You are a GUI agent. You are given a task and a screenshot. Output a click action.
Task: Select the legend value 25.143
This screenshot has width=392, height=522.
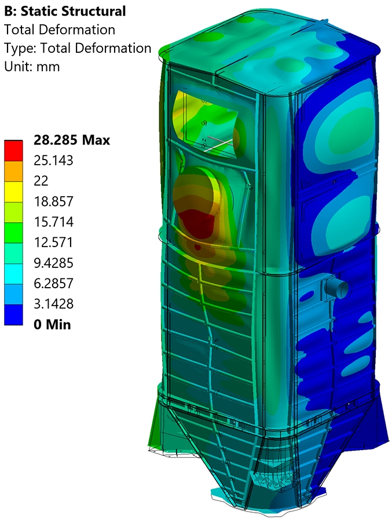click(x=53, y=161)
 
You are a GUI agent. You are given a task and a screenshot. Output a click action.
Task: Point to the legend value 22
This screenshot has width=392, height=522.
click(x=41, y=181)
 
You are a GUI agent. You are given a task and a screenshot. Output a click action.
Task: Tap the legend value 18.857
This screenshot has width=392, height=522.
click(x=53, y=201)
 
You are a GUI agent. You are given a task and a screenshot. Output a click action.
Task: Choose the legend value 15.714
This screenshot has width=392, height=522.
click(x=53, y=222)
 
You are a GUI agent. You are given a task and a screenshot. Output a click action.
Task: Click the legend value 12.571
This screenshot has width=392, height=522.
click(x=53, y=242)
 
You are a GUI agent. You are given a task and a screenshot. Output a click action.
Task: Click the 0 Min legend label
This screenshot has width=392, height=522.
click(x=52, y=325)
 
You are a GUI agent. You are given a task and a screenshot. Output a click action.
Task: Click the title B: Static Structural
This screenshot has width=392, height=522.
click(x=65, y=11)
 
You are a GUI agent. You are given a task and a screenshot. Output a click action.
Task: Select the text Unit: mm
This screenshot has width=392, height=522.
click(x=32, y=66)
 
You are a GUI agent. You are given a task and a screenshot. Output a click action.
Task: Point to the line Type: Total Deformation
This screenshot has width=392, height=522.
click(x=78, y=48)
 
